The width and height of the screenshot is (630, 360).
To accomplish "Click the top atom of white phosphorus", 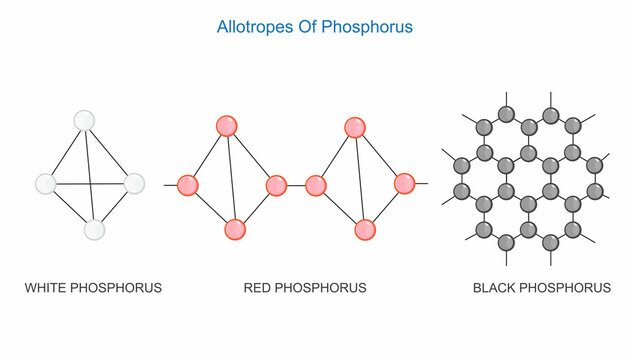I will click(84, 120).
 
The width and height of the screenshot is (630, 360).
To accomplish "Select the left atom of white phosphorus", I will click(46, 184).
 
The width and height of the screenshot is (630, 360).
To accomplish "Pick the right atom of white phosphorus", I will click(134, 184).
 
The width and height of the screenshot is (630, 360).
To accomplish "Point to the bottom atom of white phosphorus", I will click(94, 230).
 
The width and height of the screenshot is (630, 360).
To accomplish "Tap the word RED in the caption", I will click(258, 288).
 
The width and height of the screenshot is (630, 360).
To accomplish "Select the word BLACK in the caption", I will click(494, 288).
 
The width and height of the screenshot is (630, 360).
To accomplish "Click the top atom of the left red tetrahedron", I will click(227, 126).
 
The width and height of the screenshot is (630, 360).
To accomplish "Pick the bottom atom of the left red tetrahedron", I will click(236, 229).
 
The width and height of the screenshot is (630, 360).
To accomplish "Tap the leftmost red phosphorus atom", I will click(187, 185).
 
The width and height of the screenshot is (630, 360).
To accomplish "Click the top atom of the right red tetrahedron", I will click(355, 127).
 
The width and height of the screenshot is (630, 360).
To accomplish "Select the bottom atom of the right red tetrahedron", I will click(365, 229).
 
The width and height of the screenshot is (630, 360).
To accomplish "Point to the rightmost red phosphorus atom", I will click(404, 184).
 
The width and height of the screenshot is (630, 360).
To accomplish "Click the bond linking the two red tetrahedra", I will click(296, 185).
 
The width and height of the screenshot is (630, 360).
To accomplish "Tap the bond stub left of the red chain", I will click(170, 185).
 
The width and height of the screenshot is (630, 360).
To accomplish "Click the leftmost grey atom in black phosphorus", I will click(462, 164).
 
